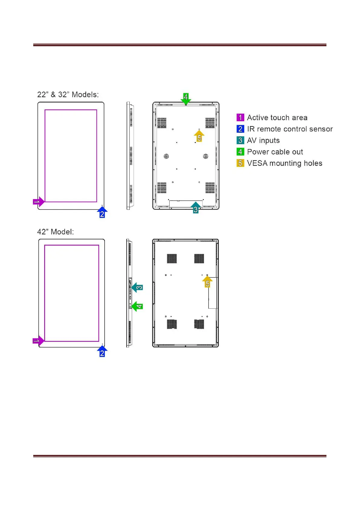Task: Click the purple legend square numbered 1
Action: click(240, 118)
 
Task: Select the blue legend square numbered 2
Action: click(240, 129)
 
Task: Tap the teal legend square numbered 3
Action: click(240, 140)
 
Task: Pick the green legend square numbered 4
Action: click(240, 152)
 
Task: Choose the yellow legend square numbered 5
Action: click(240, 163)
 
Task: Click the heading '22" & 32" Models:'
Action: click(68, 95)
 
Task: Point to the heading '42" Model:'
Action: click(55, 232)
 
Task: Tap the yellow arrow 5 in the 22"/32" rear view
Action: click(199, 136)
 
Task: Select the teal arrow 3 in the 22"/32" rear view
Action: click(196, 208)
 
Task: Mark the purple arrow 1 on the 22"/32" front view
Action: click(38, 202)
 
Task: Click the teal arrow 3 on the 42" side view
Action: click(138, 287)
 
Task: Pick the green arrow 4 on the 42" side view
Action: click(138, 306)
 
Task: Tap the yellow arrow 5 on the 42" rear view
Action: click(207, 282)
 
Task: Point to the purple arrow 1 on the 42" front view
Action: click(38, 341)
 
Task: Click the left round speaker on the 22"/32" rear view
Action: click(166, 156)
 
